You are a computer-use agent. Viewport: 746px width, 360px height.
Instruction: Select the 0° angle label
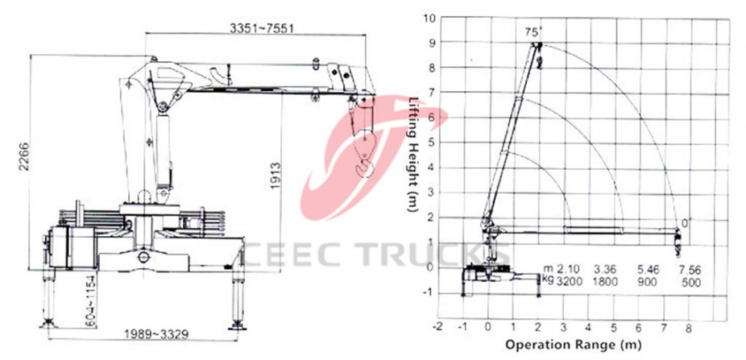686,222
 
